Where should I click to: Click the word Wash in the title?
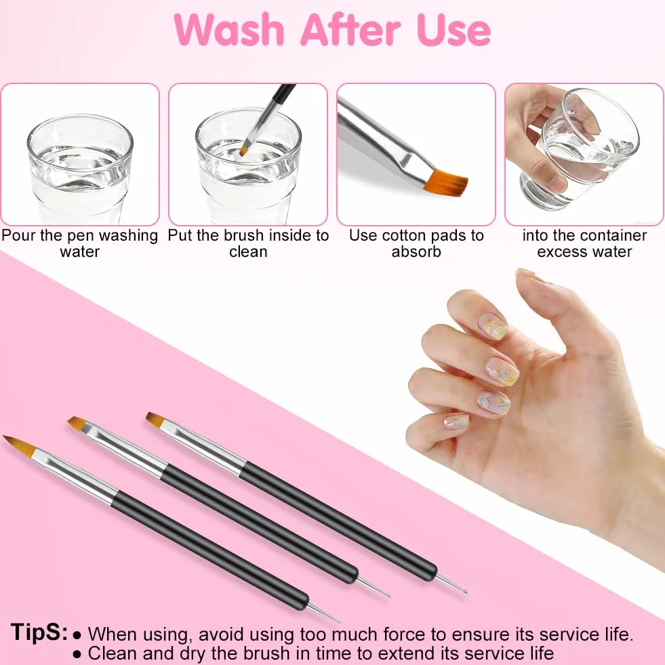click(229, 29)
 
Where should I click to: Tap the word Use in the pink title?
click(454, 29)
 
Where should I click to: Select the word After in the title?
click(350, 29)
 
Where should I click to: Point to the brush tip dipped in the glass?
click(245, 150)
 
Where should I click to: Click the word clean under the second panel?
click(248, 251)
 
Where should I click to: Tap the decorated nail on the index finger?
click(493, 326)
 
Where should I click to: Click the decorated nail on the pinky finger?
click(456, 421)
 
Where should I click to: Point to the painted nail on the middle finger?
click(502, 371)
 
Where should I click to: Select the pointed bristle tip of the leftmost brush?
click(4, 437)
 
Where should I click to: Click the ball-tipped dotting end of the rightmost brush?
click(465, 592)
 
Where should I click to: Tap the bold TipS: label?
click(39, 632)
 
